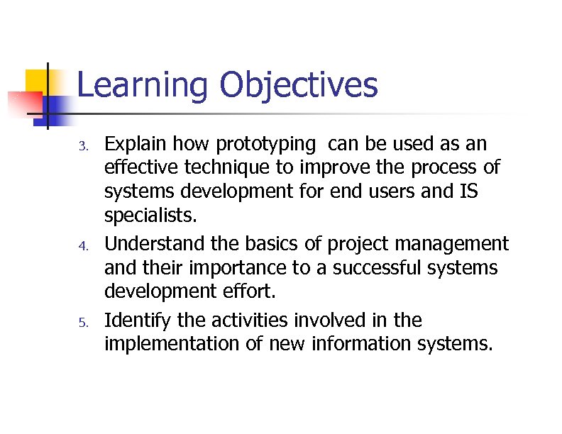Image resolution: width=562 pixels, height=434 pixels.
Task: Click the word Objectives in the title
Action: [x=298, y=86]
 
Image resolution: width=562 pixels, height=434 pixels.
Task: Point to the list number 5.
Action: [x=82, y=323]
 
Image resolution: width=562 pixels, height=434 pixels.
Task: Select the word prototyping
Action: [x=264, y=145]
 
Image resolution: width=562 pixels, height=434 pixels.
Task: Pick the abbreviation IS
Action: [x=466, y=191]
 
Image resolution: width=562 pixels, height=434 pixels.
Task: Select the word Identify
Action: [x=138, y=321]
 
